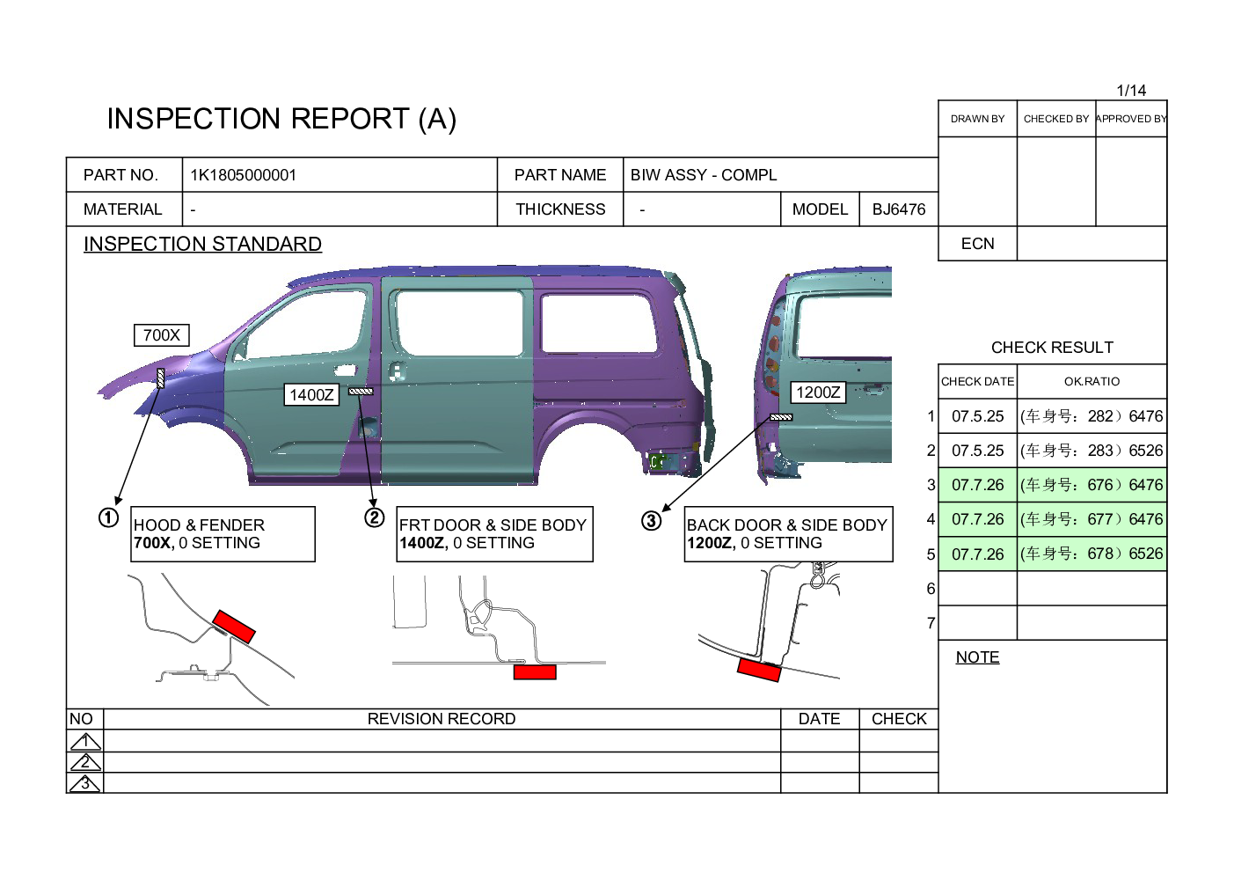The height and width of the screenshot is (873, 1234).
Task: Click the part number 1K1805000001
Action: tap(243, 175)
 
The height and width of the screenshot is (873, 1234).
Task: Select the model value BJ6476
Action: tap(899, 209)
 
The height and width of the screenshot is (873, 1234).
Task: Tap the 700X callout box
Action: tap(162, 335)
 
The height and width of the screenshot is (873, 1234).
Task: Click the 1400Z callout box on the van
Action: tap(311, 394)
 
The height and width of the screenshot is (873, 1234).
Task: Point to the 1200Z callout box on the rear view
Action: tap(818, 392)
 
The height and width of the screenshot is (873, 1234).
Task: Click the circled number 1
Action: tap(108, 517)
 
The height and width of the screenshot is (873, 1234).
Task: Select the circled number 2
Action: tap(374, 517)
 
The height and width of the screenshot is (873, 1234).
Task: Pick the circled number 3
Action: tap(651, 520)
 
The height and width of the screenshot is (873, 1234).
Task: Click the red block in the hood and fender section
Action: tap(234, 626)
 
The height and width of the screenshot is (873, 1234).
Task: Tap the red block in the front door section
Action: tap(535, 671)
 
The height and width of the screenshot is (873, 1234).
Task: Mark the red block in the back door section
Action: tap(758, 671)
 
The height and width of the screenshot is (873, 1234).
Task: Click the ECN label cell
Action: tap(977, 244)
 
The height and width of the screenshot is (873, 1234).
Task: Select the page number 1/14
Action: tap(1131, 91)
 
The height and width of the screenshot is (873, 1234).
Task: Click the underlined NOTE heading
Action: tap(977, 657)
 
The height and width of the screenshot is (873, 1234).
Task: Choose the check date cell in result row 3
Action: tap(977, 485)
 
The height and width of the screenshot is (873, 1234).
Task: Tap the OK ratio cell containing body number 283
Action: tap(1092, 451)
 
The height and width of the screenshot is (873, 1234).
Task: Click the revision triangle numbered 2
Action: tap(85, 762)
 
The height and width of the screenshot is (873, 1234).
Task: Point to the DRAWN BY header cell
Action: tap(977, 119)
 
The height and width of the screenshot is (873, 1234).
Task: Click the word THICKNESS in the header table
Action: tap(560, 209)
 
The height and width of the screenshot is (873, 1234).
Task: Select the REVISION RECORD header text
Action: tap(442, 719)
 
